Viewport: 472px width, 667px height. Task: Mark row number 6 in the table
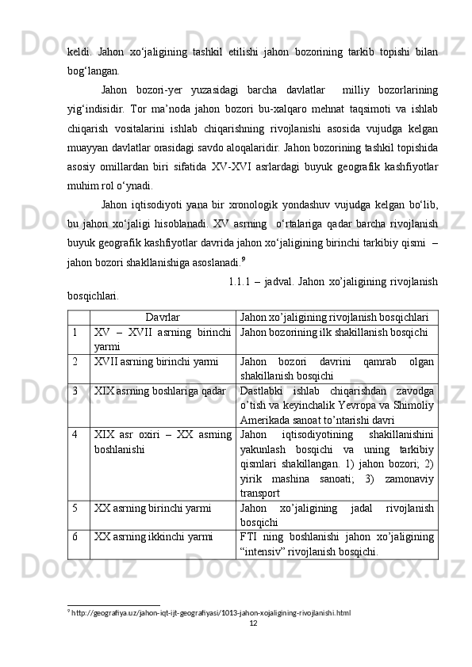73,536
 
